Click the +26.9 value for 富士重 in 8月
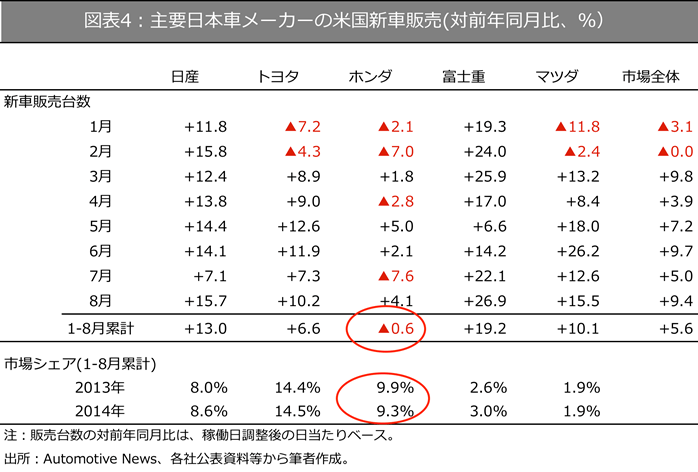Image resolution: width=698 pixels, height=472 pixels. click(485, 297)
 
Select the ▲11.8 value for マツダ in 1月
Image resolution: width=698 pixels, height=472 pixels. click(577, 127)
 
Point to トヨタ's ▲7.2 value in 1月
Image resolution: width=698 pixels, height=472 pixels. click(301, 127)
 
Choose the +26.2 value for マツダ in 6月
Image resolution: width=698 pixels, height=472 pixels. click(577, 249)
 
